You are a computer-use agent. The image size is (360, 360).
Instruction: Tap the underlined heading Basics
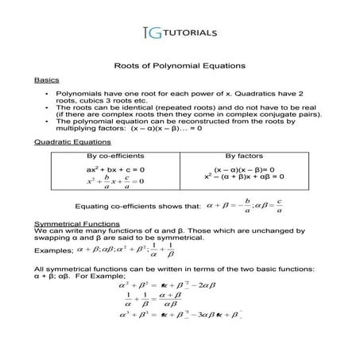pyautogui.click(x=45, y=81)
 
